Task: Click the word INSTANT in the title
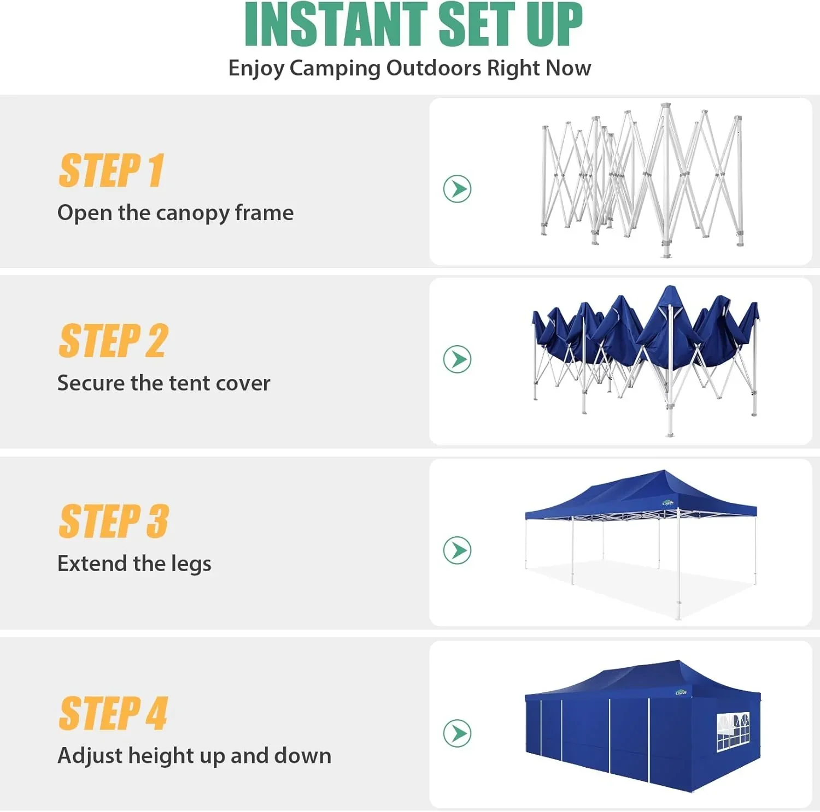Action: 335,25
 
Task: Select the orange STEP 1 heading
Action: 111,170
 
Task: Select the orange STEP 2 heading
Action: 113,341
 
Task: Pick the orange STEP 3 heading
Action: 114,521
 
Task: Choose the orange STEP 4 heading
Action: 113,713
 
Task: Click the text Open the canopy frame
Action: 175,212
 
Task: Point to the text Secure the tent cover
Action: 163,383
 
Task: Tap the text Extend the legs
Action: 134,563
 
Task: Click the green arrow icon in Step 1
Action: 457,189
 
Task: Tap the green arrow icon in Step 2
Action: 457,359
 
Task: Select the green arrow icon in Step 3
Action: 457,550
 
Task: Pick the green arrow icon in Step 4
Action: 457,733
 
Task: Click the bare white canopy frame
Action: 642,180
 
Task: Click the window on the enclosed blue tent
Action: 733,731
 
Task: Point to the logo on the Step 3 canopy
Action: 667,503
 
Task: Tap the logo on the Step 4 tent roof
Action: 681,692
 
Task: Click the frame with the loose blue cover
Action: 645,355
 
